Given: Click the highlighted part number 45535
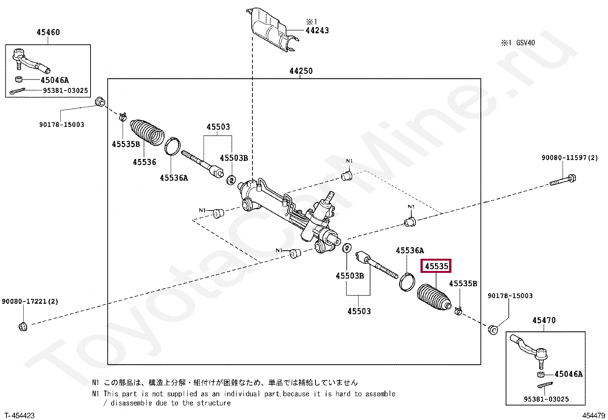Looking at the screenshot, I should [x=436, y=266].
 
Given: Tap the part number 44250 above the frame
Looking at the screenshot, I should [x=301, y=71].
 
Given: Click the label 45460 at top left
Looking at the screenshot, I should [x=48, y=32].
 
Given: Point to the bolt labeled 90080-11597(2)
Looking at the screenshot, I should [x=563, y=180].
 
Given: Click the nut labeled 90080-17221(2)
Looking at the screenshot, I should [x=23, y=327].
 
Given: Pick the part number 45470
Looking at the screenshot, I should [x=544, y=320].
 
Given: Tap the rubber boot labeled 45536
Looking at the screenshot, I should [x=147, y=133].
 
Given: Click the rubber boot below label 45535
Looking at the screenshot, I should [x=434, y=297].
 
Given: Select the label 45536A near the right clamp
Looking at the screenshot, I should [x=410, y=251].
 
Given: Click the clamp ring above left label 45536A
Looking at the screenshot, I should [x=172, y=146].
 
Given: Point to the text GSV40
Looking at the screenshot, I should [x=526, y=43].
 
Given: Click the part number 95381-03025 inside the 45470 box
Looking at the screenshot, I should [x=546, y=399].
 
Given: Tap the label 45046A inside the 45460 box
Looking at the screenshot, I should [x=55, y=80].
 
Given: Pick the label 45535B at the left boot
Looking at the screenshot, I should [x=126, y=144].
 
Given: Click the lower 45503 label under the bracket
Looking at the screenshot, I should [x=359, y=311].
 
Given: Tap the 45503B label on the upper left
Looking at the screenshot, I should [x=234, y=158].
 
